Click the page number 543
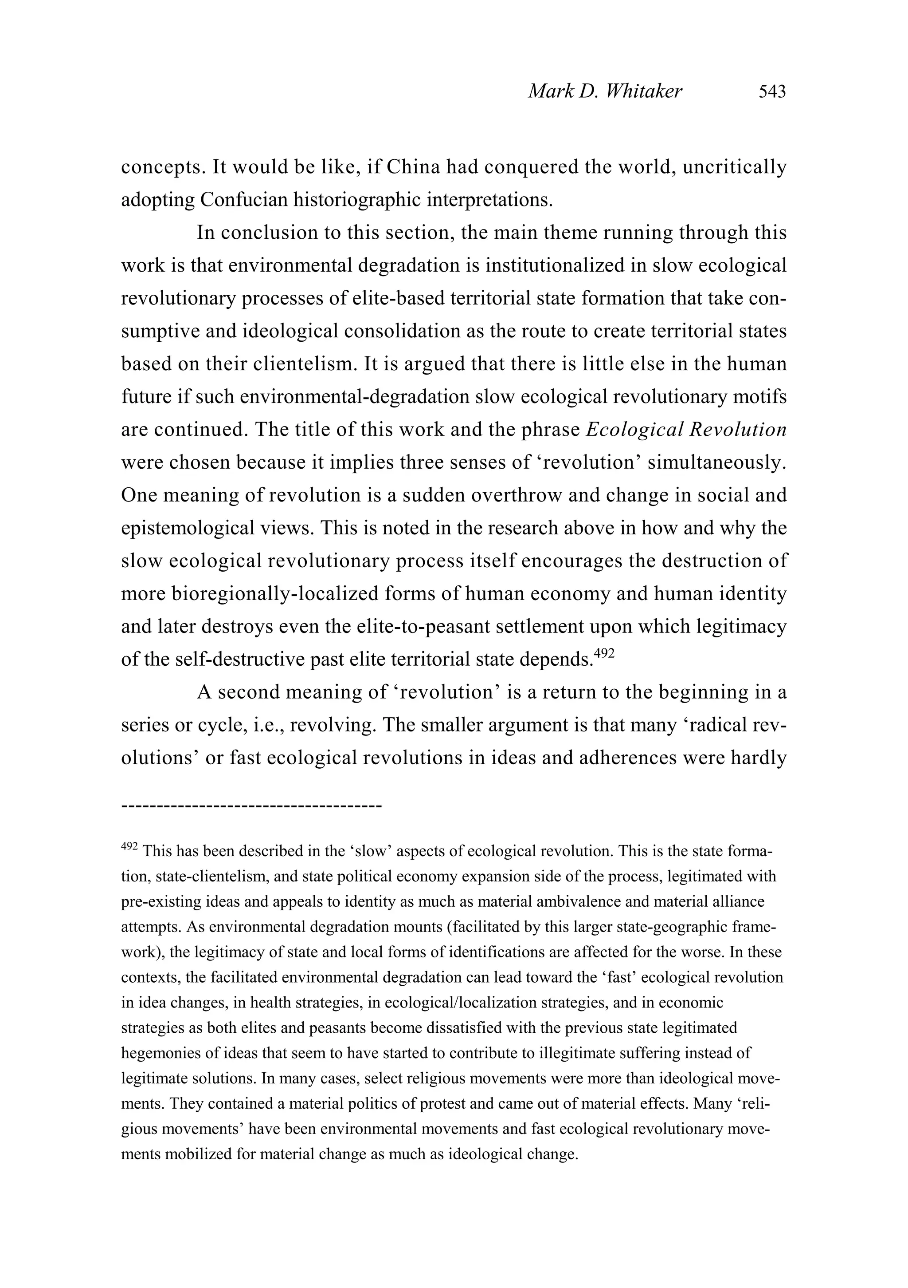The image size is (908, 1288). [x=772, y=91]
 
